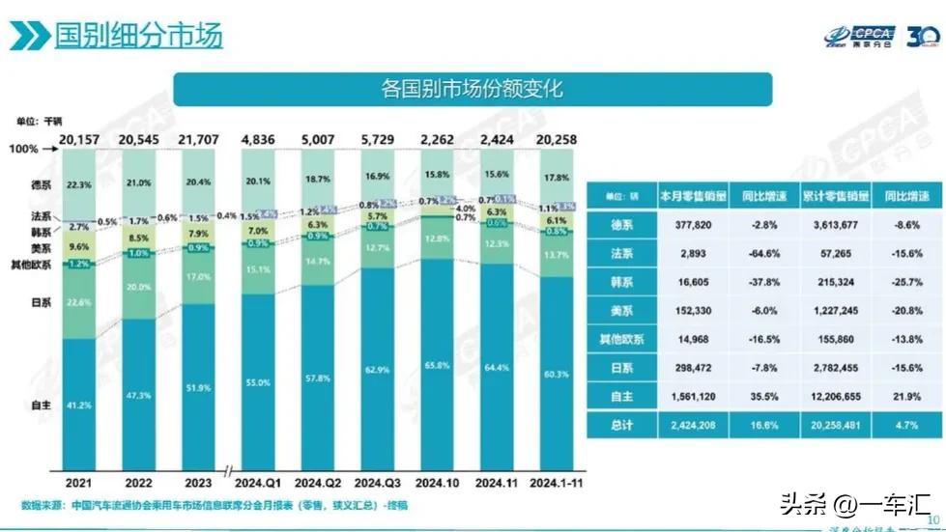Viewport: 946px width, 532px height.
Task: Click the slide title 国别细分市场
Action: click(138, 36)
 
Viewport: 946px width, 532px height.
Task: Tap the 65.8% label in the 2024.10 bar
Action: click(437, 365)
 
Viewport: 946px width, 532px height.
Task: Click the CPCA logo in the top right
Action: click(859, 37)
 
